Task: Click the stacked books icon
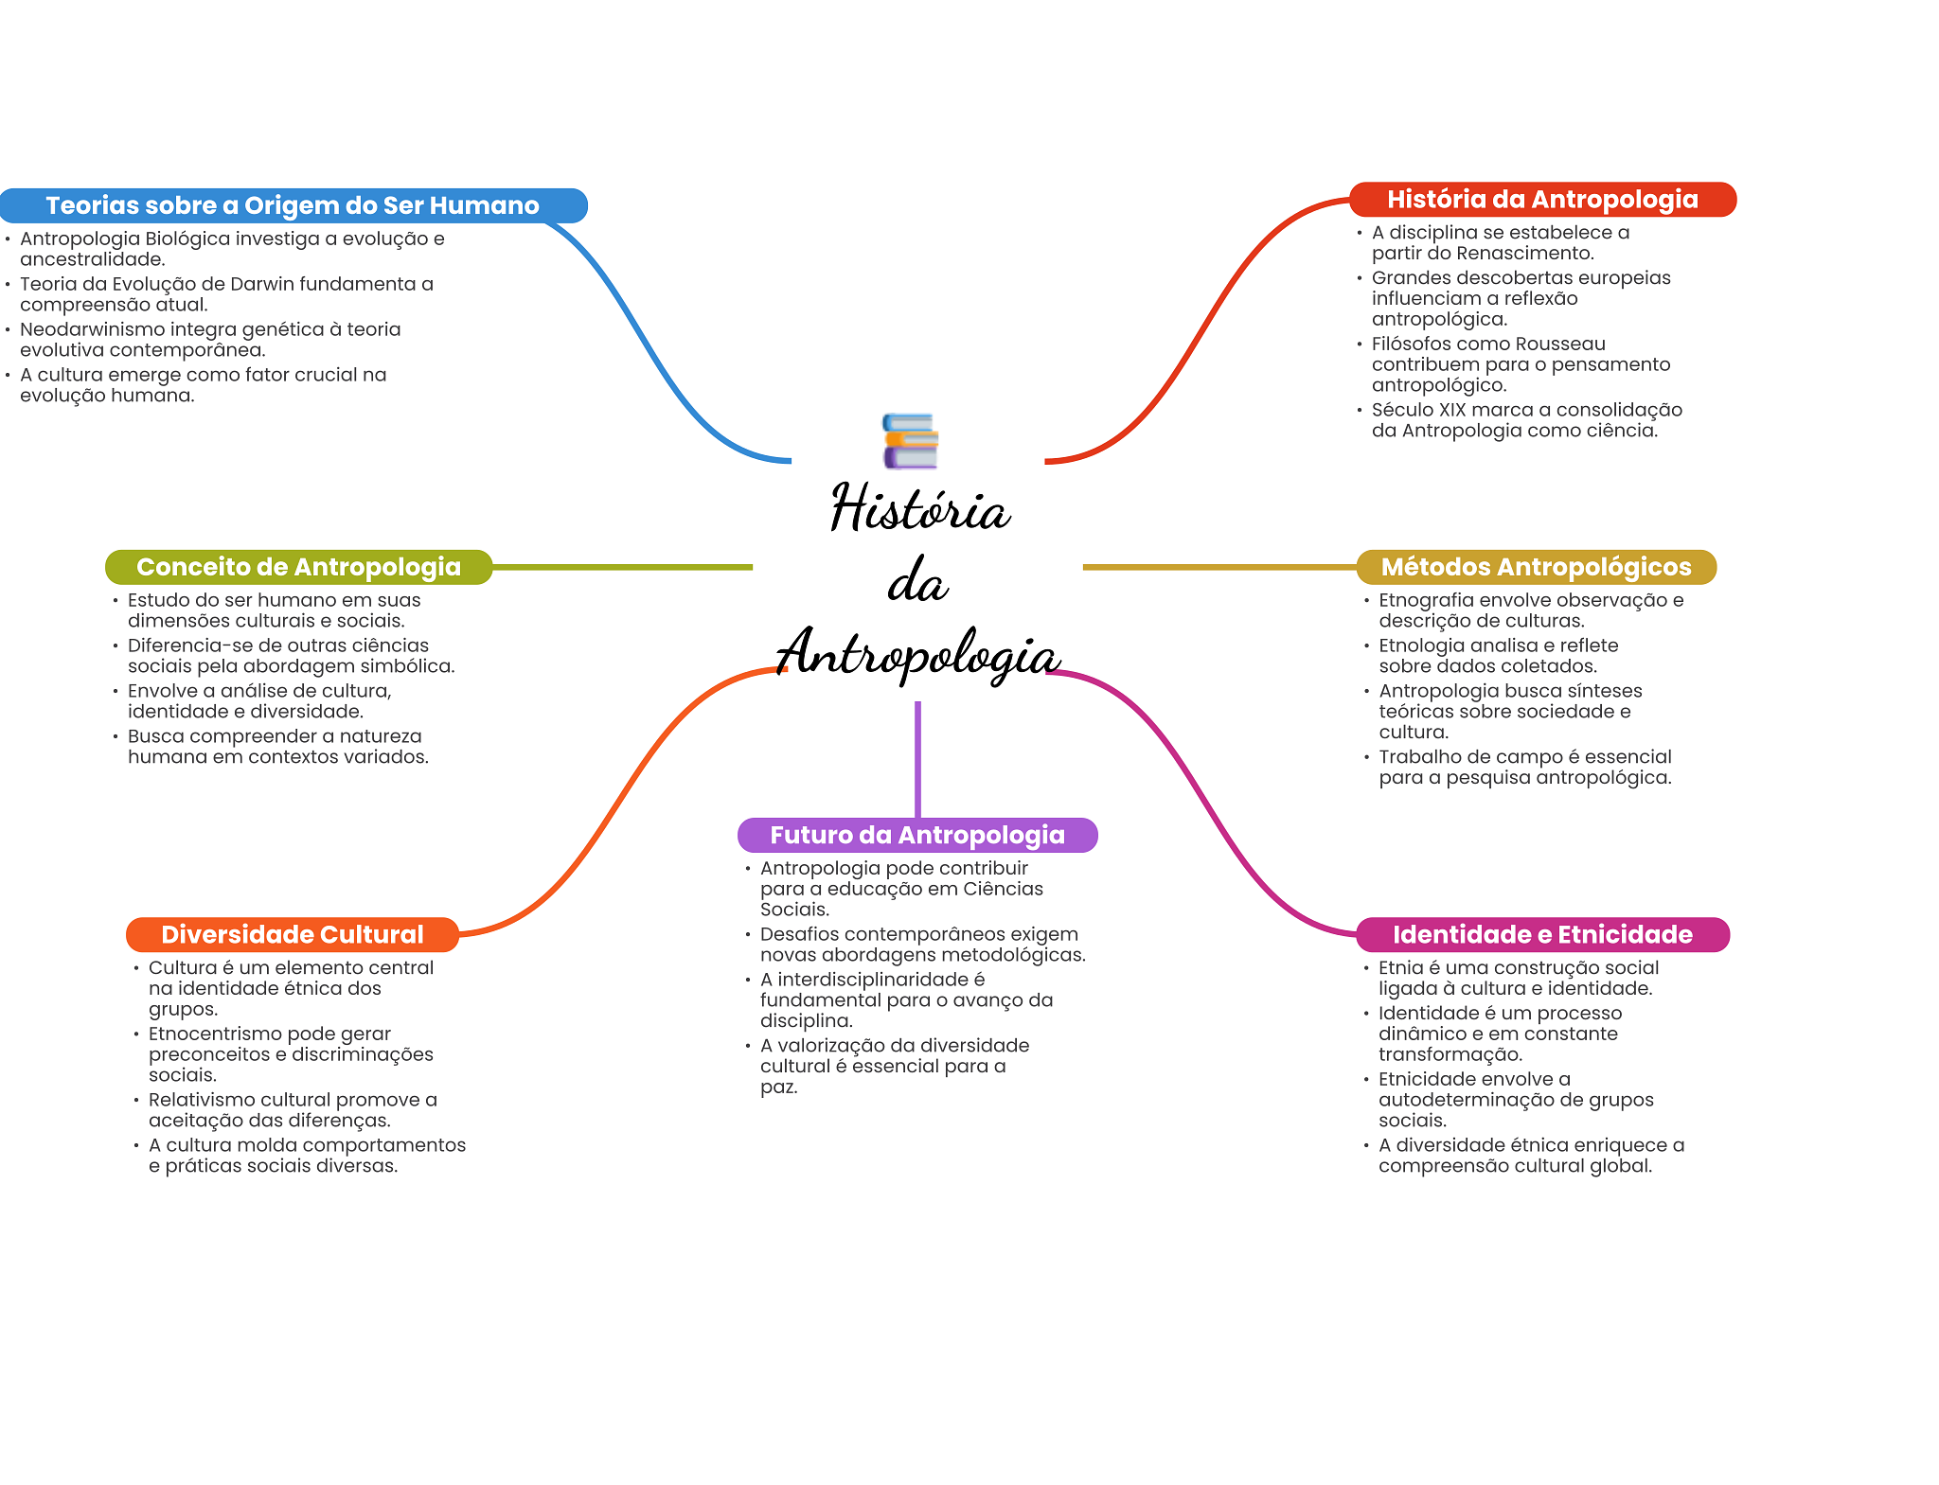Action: [910, 441]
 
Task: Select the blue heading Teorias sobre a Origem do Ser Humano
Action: [293, 205]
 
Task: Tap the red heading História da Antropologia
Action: [1542, 200]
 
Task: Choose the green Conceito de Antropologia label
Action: [298, 567]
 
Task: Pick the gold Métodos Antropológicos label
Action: [1536, 567]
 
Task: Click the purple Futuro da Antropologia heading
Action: [917, 835]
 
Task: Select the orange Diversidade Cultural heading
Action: [293, 934]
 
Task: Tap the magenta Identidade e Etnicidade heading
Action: [1542, 934]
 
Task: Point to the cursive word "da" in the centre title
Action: [917, 581]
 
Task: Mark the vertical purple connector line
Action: [917, 757]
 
